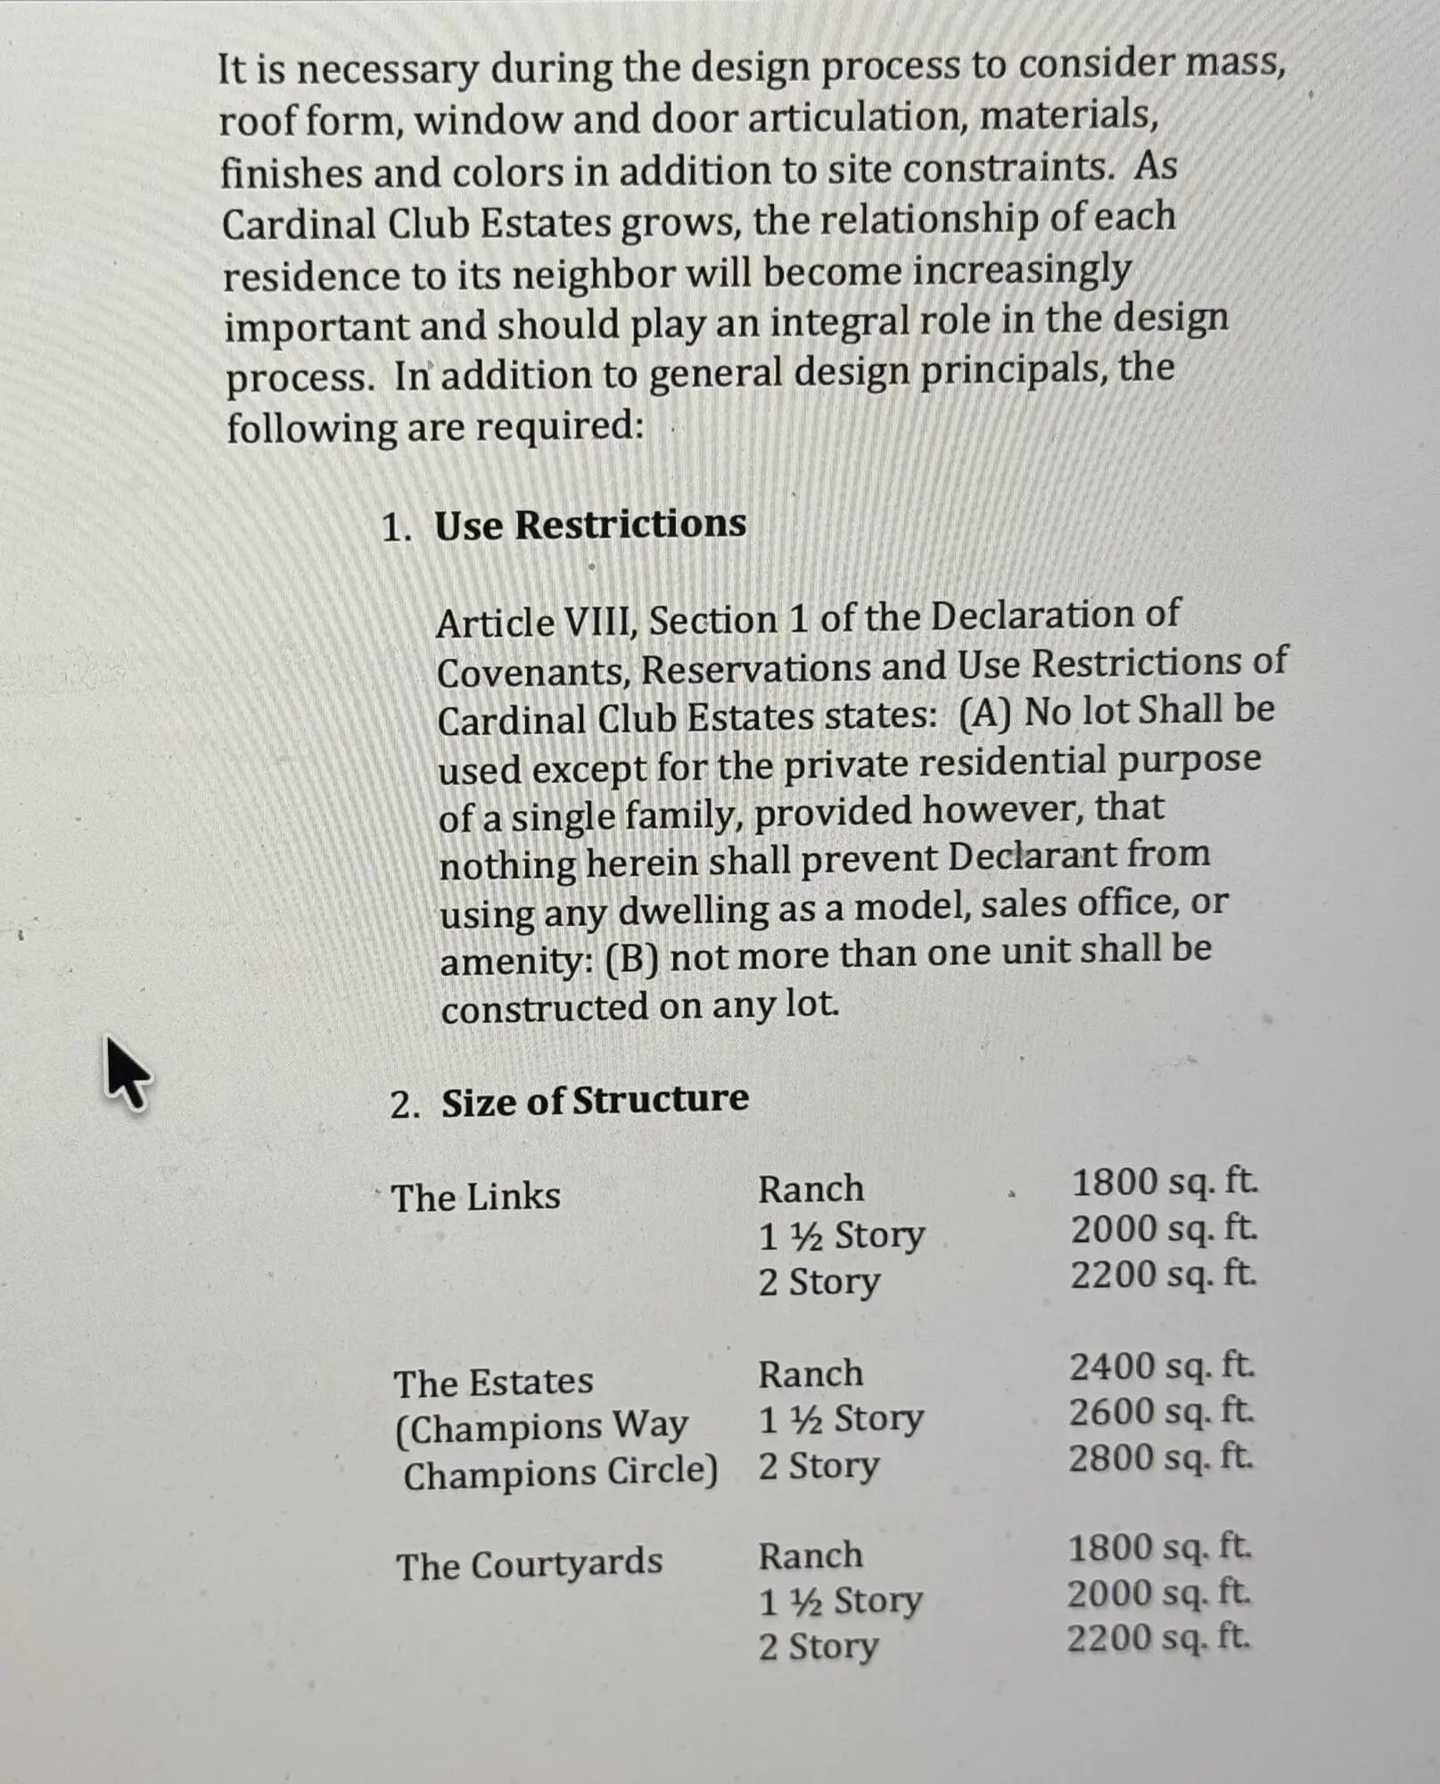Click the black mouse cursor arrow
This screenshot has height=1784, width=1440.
point(128,1072)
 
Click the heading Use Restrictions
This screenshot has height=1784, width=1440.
point(589,524)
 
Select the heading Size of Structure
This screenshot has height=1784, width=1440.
point(595,1100)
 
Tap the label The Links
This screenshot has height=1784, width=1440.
point(476,1197)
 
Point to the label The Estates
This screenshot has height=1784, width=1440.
point(493,1383)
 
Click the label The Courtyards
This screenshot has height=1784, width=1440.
point(530,1565)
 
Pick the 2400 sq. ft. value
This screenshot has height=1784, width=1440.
point(1162,1366)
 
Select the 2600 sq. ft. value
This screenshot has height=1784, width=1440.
point(1161,1412)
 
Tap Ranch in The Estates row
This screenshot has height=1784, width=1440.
point(811,1374)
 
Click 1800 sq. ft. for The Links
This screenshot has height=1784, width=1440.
point(1164,1183)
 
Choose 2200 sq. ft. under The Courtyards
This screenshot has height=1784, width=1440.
point(1158,1638)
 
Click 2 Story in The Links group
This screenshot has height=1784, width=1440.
point(819,1283)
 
